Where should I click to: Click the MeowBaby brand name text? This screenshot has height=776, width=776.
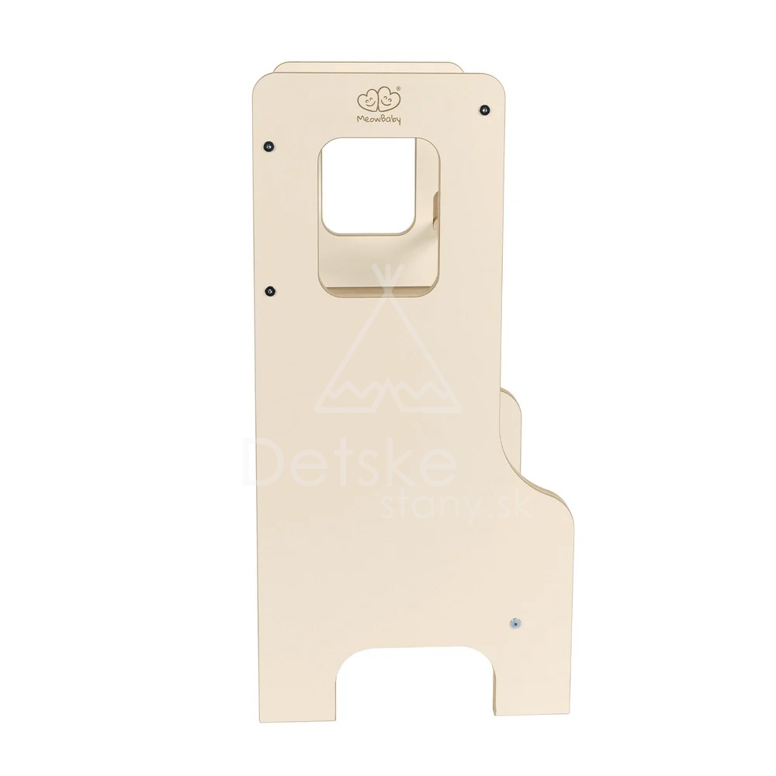pyautogui.click(x=379, y=119)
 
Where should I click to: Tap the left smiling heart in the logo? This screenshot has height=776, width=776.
pyautogui.click(x=368, y=100)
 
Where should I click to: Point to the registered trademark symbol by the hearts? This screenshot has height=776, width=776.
pyautogui.click(x=399, y=88)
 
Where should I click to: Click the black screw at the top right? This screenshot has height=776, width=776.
pyautogui.click(x=484, y=108)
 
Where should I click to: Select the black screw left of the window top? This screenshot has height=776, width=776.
pyautogui.click(x=268, y=147)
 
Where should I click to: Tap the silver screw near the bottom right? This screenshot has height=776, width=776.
pyautogui.click(x=516, y=623)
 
